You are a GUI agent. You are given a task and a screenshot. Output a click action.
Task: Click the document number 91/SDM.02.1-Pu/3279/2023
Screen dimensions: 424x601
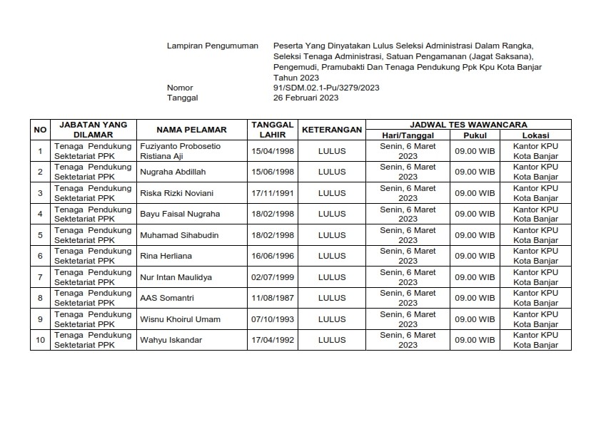click(x=321, y=88)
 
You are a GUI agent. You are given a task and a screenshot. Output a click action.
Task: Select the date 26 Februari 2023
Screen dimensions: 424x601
click(x=300, y=98)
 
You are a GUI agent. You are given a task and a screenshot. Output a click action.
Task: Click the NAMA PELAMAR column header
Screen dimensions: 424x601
click(x=191, y=130)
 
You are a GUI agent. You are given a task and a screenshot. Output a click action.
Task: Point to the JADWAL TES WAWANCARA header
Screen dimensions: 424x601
click(x=468, y=124)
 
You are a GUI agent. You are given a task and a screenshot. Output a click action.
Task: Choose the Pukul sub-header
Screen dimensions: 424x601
click(x=475, y=135)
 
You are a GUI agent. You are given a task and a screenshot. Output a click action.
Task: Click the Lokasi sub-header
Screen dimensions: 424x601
click(x=535, y=135)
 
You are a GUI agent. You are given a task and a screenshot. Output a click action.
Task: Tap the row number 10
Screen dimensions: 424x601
click(x=41, y=340)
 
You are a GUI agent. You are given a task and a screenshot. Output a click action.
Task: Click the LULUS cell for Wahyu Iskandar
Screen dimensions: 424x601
click(x=331, y=340)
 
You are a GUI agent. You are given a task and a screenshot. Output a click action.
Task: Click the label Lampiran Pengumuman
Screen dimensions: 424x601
click(x=212, y=46)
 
